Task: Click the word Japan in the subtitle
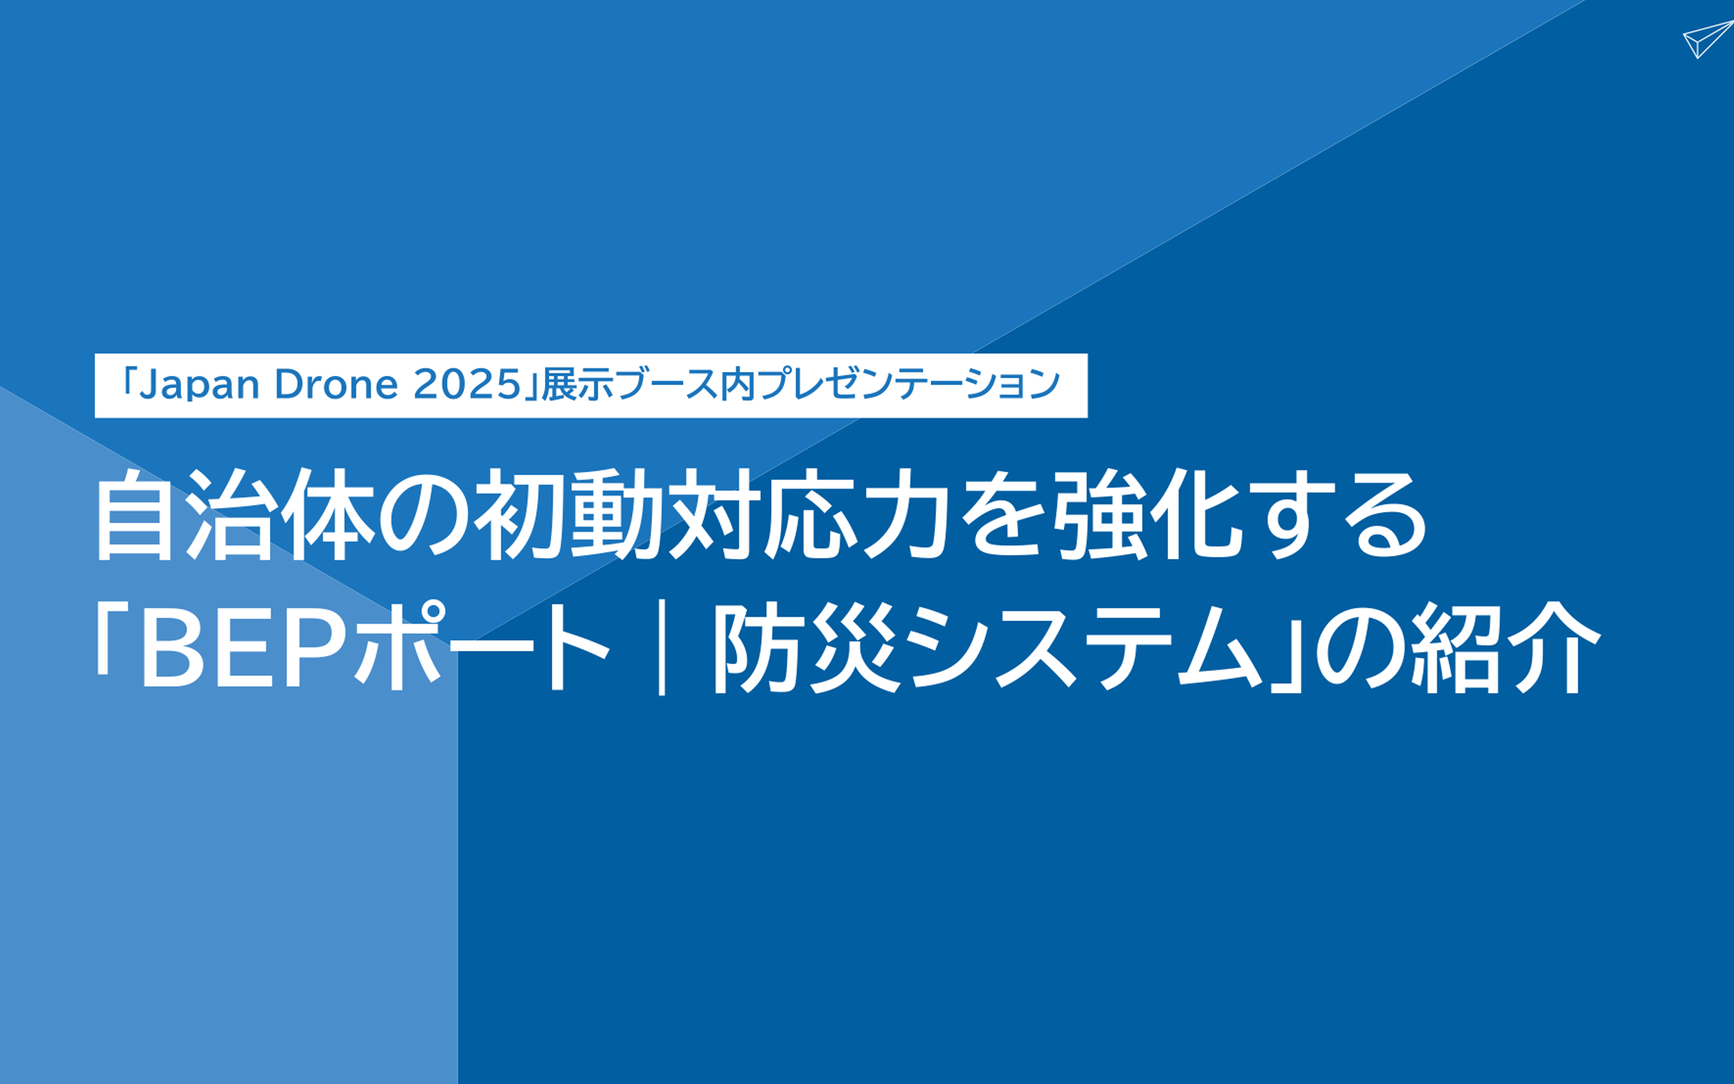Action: (199, 386)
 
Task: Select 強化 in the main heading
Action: (1148, 514)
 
